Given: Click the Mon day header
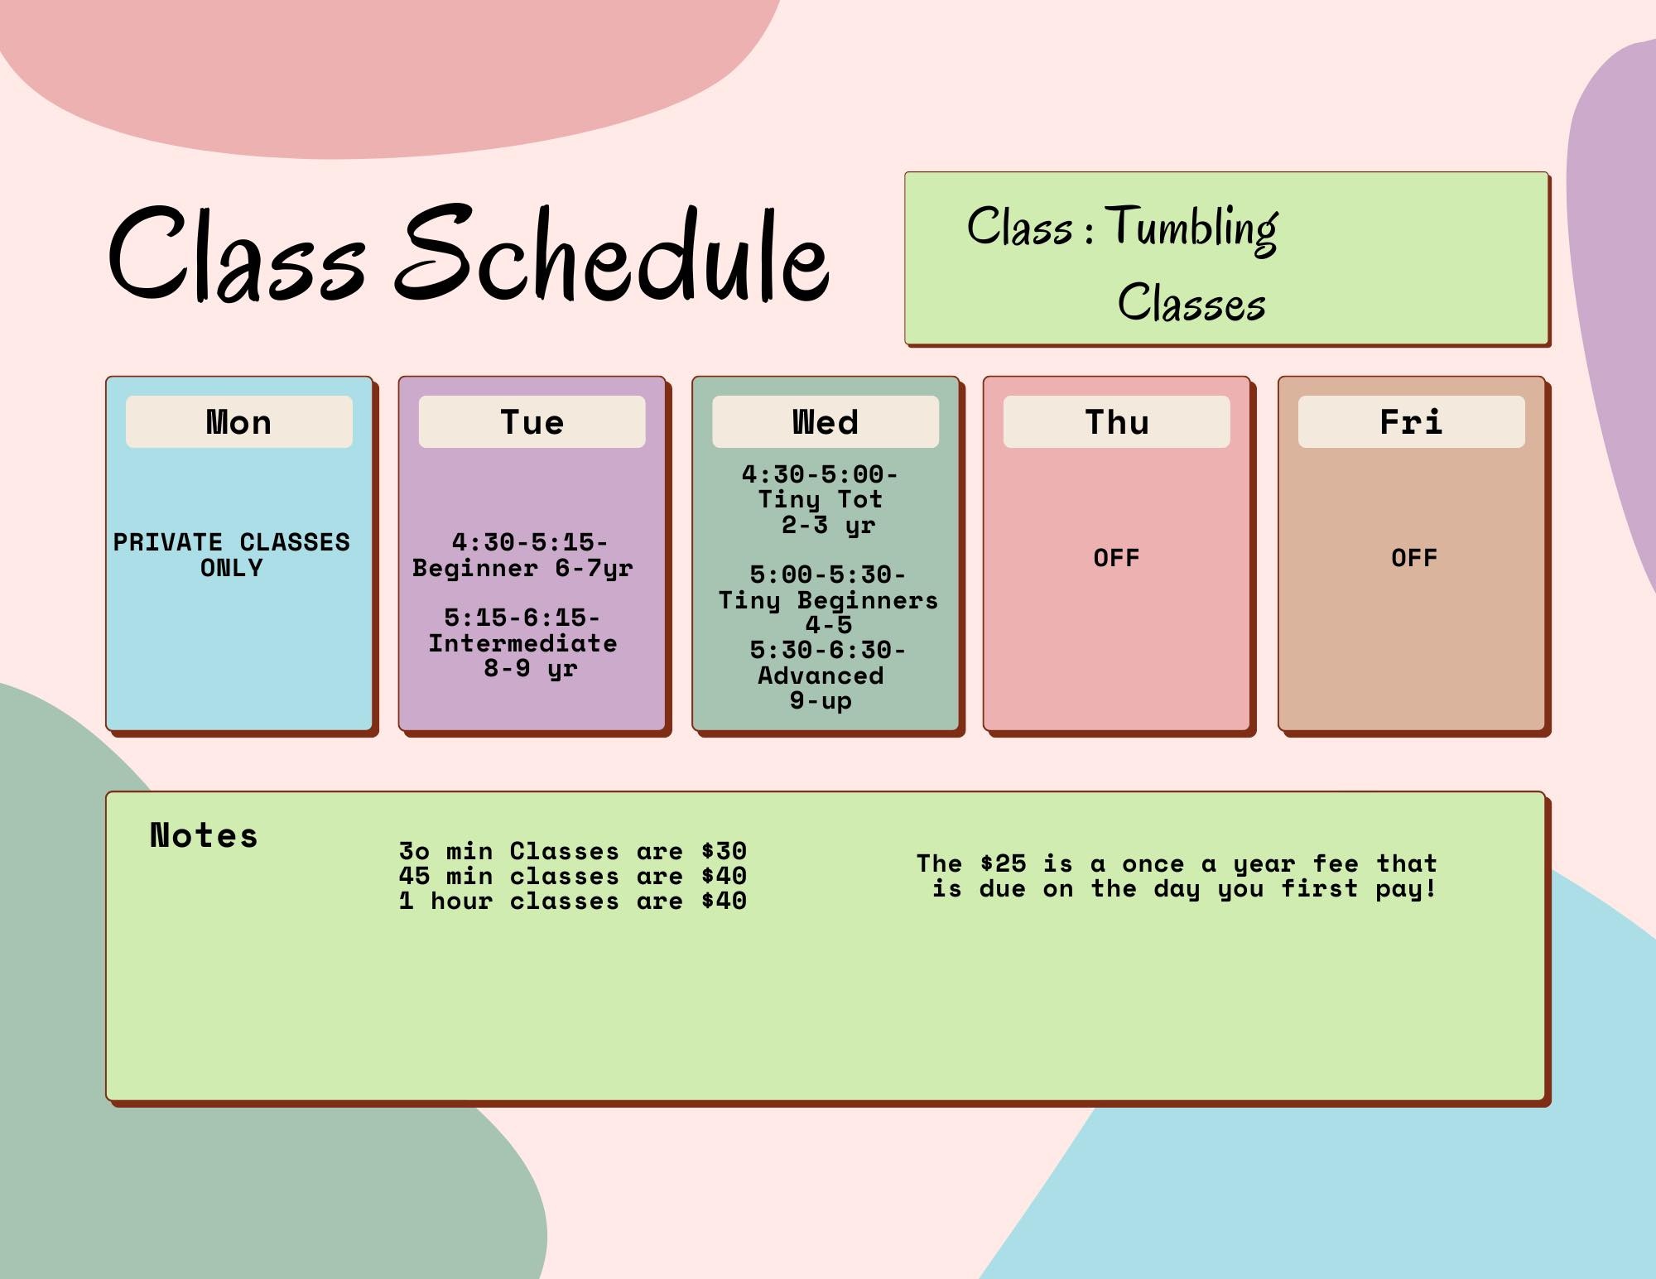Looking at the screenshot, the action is [238, 422].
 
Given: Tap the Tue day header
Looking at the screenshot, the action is [532, 422].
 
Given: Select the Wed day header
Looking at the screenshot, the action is [826, 422].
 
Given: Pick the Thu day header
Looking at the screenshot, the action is [1117, 422].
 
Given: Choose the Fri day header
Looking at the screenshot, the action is [1411, 422].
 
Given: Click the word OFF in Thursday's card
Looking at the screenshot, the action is [1116, 558].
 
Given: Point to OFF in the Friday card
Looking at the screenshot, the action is [1414, 558].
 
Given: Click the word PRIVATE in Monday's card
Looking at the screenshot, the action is [168, 542].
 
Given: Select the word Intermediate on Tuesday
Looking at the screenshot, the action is [522, 643].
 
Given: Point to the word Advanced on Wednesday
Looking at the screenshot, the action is [821, 676].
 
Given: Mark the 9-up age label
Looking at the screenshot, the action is [821, 701].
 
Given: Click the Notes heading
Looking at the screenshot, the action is [204, 835].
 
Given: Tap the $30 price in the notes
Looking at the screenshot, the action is [724, 851].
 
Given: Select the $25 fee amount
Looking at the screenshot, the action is [1003, 863].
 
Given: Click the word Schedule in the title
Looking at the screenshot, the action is [611, 253].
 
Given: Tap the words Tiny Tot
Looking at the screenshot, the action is [821, 500].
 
